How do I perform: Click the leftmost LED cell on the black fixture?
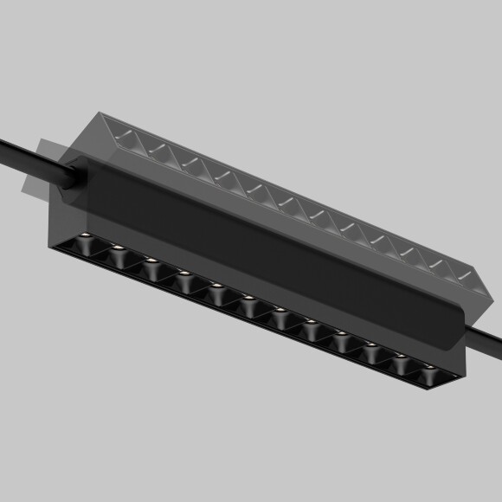(86, 246)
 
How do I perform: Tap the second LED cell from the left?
(119, 257)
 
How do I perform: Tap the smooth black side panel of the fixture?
(260, 251)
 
